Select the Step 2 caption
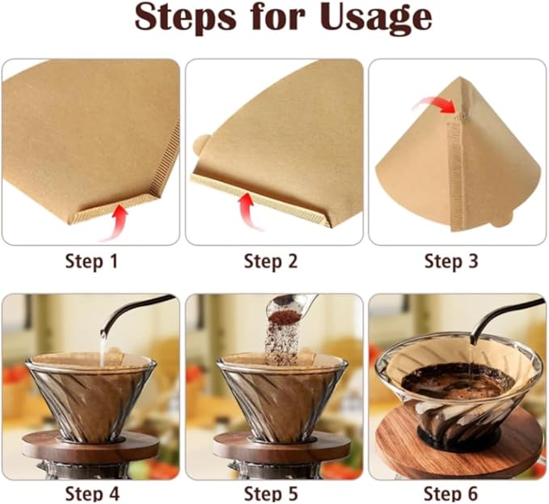[271, 261]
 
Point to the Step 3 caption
[451, 261]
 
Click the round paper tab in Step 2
[199, 145]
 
